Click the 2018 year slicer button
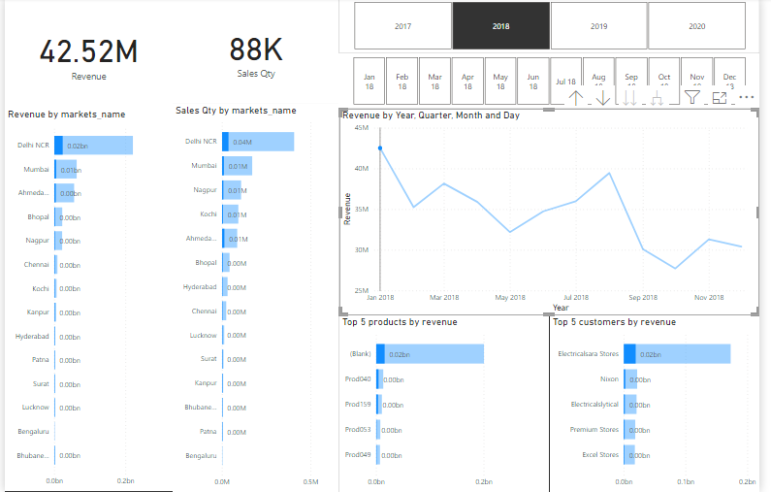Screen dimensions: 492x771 pos(500,26)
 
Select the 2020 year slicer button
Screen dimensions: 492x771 pos(696,26)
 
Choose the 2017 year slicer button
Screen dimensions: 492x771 pos(402,26)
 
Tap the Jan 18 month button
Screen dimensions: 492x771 pos(369,81)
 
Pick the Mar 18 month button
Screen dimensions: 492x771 pos(435,81)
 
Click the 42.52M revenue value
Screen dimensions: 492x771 pos(88,51)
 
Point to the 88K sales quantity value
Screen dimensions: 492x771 pos(255,49)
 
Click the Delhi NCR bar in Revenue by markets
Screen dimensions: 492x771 pos(93,146)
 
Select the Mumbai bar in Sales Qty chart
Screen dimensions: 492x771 pos(238,166)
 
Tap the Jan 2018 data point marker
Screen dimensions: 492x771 pos(380,148)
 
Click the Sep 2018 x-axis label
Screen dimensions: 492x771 pos(642,298)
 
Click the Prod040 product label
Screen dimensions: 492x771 pos(358,379)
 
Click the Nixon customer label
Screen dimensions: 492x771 pos(609,379)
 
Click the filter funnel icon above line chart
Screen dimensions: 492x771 pos(691,97)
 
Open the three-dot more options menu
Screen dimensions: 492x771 pos(746,97)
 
